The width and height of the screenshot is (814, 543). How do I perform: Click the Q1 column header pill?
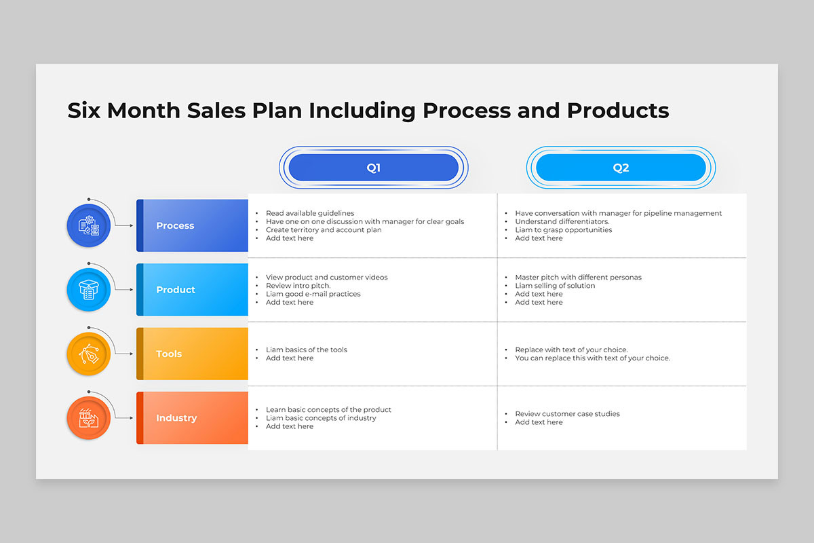[x=374, y=167]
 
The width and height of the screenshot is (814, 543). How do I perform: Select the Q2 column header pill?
[x=621, y=167]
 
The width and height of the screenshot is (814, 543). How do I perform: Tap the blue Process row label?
[x=192, y=225]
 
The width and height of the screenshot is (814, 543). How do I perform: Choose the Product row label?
[x=192, y=290]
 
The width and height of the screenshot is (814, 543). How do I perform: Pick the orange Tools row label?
[x=192, y=354]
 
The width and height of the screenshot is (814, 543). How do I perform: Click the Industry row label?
[x=192, y=417]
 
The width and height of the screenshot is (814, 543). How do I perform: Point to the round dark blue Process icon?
[x=89, y=225]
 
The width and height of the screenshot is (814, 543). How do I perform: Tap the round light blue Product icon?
[x=89, y=290]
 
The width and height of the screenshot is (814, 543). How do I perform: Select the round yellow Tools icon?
[x=89, y=354]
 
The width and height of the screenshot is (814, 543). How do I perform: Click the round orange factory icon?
[x=89, y=418]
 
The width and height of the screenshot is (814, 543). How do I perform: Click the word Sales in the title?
[x=216, y=110]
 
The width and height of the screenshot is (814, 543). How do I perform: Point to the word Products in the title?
[x=618, y=110]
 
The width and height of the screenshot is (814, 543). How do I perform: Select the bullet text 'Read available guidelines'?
[x=310, y=213]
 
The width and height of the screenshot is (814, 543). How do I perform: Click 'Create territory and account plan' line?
[x=324, y=230]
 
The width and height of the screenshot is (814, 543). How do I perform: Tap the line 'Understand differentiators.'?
[x=562, y=221]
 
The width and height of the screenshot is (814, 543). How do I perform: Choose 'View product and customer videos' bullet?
[x=327, y=277]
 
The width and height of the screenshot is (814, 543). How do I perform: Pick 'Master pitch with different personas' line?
[x=578, y=277]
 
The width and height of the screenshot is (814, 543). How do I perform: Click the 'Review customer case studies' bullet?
[x=567, y=413]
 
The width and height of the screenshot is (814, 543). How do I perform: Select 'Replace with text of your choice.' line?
[x=571, y=350]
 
